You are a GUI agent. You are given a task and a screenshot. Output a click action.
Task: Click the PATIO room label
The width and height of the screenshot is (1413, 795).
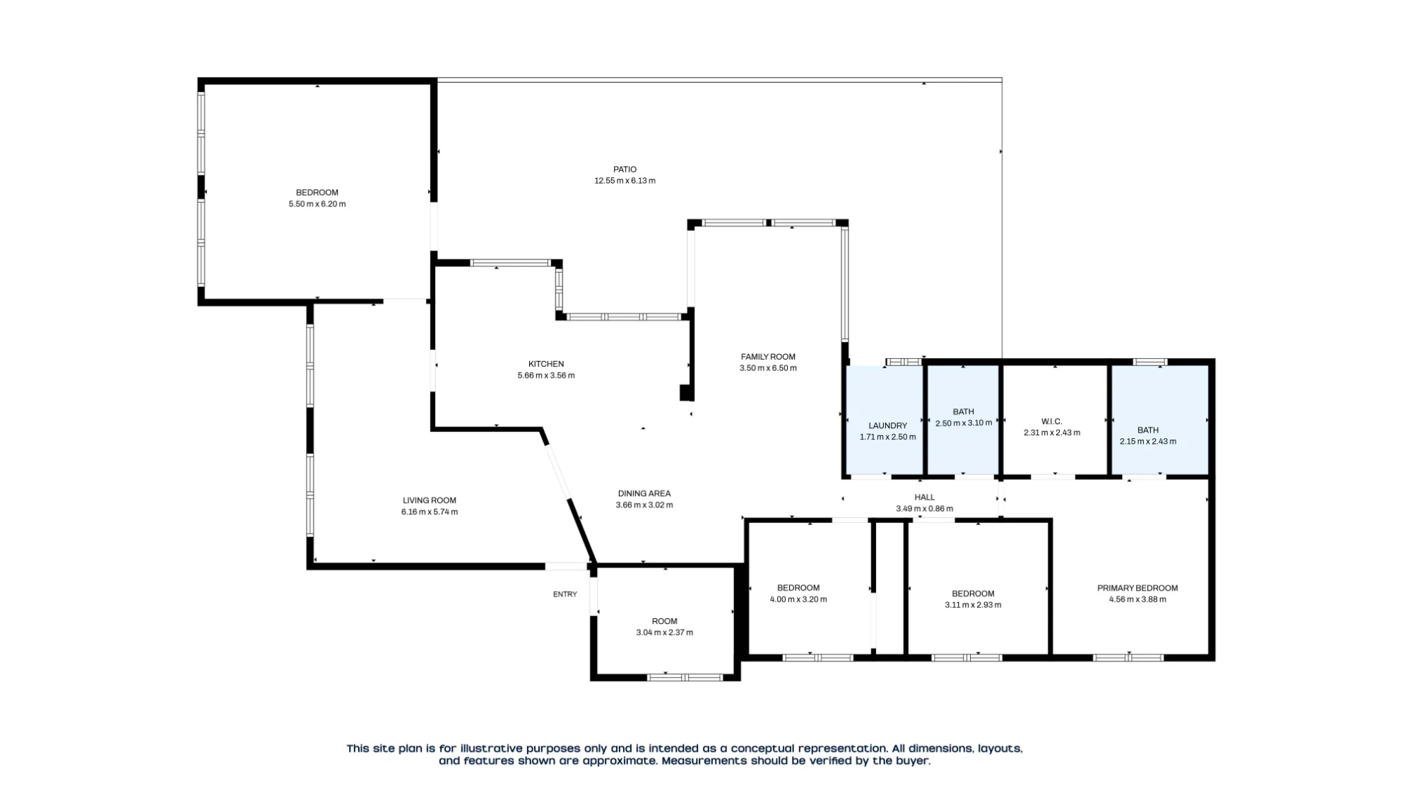(625, 170)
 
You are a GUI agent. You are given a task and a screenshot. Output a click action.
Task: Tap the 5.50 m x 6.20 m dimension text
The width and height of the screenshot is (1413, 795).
(317, 204)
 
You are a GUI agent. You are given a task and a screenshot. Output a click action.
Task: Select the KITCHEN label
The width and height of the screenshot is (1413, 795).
(546, 364)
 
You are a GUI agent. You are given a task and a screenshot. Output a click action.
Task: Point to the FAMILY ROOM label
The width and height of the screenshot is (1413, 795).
(768, 357)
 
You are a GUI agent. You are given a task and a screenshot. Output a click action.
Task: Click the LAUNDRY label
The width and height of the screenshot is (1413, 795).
(887, 425)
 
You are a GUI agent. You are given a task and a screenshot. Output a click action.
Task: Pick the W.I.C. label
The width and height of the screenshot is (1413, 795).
(1052, 421)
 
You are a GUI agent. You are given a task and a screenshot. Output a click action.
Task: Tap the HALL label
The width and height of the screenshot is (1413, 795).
(924, 497)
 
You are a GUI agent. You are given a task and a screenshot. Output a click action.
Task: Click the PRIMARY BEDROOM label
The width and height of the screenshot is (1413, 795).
(1137, 588)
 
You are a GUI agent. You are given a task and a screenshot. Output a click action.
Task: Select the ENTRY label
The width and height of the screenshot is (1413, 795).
(565, 594)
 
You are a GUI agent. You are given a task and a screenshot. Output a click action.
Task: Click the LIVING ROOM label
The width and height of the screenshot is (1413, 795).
(430, 500)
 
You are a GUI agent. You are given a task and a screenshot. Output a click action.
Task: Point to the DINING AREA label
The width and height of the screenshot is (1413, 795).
(644, 493)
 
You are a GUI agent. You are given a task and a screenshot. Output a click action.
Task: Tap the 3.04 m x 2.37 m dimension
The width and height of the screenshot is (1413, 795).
(664, 632)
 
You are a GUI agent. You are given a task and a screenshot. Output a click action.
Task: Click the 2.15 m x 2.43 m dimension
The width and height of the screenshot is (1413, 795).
(1148, 442)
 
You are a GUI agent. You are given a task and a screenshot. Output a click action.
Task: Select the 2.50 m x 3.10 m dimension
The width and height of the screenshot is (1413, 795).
(964, 423)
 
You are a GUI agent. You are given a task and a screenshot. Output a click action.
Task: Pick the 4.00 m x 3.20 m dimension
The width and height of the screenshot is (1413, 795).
(798, 599)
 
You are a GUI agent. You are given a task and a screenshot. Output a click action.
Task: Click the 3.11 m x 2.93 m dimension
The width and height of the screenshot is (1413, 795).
(973, 605)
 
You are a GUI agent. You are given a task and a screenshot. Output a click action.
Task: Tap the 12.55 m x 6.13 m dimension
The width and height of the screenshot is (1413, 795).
(625, 181)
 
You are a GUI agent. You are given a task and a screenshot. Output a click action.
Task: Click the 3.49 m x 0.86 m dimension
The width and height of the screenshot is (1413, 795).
(924, 509)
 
